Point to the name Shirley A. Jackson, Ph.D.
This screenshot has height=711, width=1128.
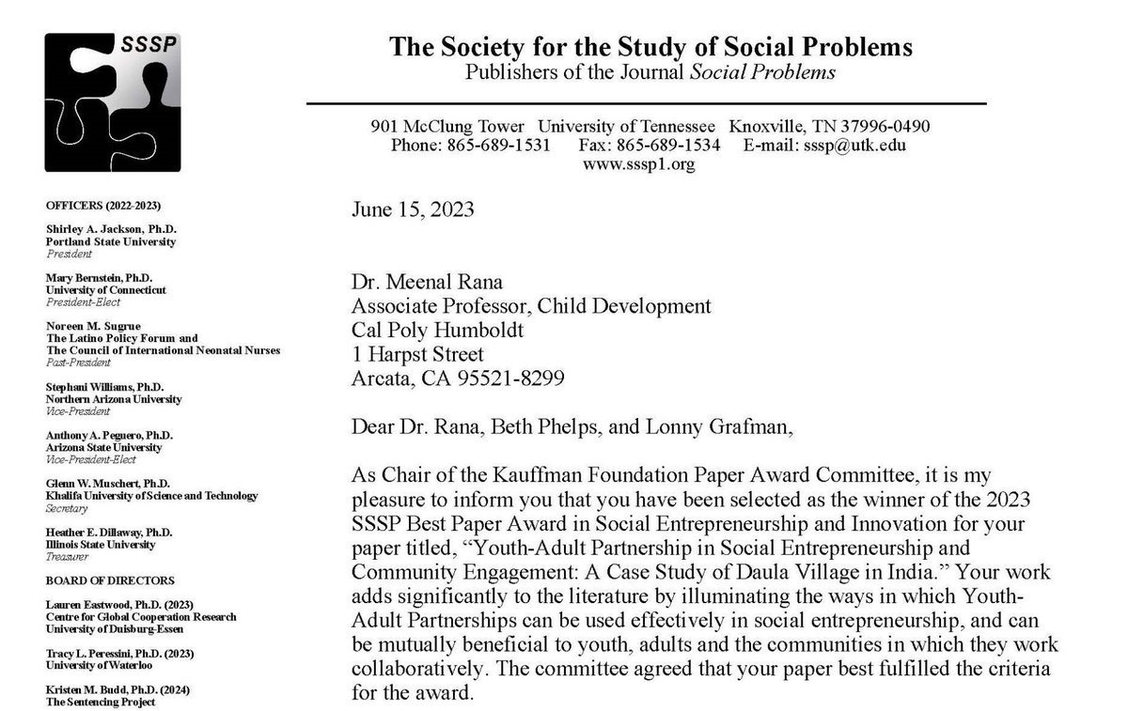coord(111,229)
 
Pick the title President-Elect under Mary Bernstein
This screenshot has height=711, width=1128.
coord(79,302)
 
